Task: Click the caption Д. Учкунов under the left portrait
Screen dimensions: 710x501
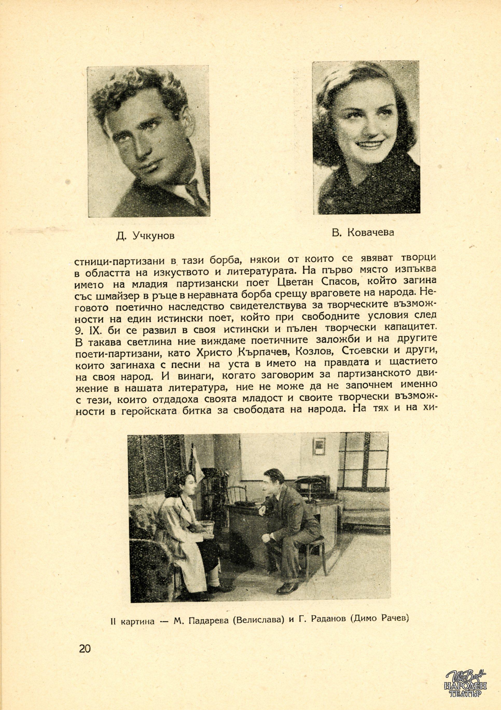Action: pos(145,236)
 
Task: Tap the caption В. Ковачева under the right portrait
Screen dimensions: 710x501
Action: pos(363,232)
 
